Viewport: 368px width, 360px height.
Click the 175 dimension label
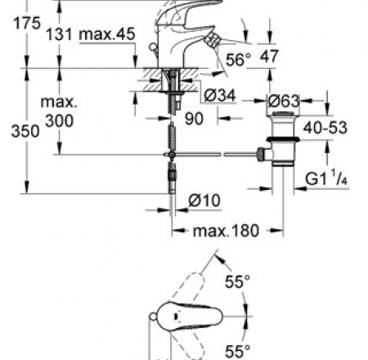click(27, 23)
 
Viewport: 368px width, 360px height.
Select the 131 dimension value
click(59, 34)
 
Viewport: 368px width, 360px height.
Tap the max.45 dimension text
click(107, 34)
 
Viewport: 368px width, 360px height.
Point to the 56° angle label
click(238, 60)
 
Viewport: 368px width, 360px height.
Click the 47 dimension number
click(269, 56)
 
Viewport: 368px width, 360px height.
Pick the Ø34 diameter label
click(220, 96)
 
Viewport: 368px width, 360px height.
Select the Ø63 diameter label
click(284, 101)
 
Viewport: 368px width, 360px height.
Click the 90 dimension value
click(194, 119)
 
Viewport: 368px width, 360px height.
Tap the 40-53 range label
click(325, 128)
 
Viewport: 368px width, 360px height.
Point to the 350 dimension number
click(25, 131)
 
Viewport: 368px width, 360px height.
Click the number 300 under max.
click(60, 121)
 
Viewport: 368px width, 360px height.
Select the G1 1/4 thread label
click(326, 178)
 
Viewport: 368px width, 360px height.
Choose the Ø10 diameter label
click(204, 200)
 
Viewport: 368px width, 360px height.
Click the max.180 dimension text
click(226, 231)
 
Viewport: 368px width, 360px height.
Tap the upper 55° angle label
click(237, 281)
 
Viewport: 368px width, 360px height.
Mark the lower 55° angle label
click(237, 351)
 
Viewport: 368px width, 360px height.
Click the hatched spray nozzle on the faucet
click(213, 41)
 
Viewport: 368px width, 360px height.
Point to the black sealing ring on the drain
click(283, 139)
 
